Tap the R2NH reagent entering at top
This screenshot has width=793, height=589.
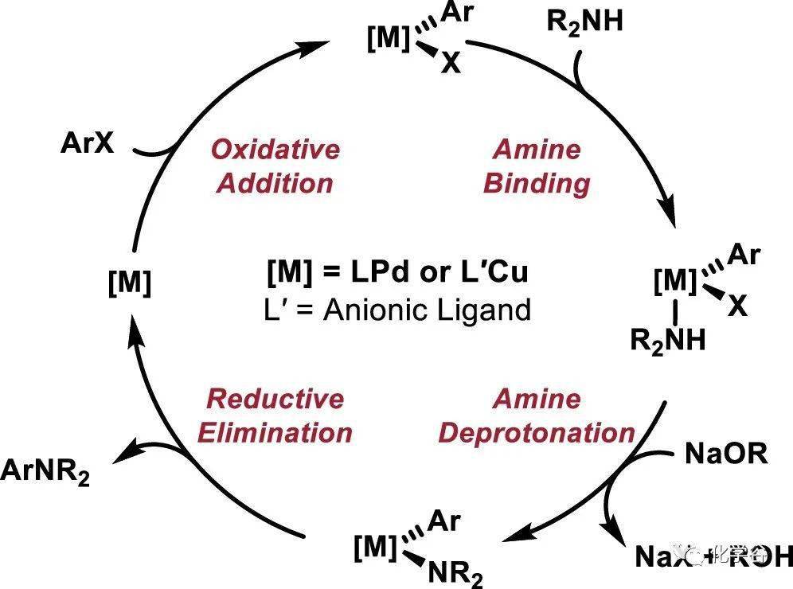pyautogui.click(x=584, y=23)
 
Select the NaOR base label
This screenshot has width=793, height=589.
pyautogui.click(x=725, y=454)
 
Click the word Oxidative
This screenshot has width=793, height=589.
pyautogui.click(x=275, y=149)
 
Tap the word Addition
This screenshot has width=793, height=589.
pyautogui.click(x=275, y=183)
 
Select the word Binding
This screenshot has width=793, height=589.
pyautogui.click(x=537, y=183)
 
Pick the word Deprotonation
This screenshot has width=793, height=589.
pyautogui.click(x=537, y=433)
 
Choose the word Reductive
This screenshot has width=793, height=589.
pyautogui.click(x=275, y=398)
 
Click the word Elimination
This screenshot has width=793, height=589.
pyautogui.click(x=275, y=433)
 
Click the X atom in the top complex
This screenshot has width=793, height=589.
pyautogui.click(x=451, y=63)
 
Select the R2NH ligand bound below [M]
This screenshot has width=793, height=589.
pyautogui.click(x=668, y=341)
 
